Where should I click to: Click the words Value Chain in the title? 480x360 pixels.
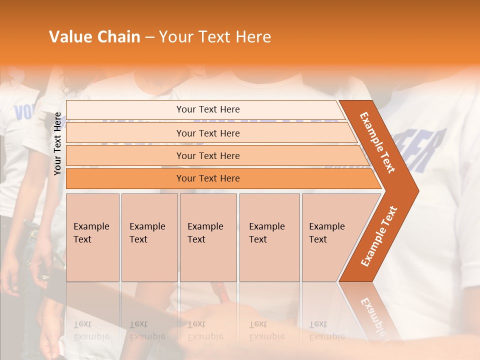(94, 37)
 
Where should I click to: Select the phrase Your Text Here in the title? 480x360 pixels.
(215, 37)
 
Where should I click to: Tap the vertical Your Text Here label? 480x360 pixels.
(58, 144)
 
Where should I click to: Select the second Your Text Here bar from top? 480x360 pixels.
(207, 133)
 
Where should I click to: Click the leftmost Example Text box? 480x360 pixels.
(92, 237)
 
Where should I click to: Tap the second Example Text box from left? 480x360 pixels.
(149, 237)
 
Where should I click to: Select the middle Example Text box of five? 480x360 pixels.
(208, 237)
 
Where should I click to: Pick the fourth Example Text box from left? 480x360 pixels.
(269, 237)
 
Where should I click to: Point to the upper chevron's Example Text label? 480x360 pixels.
(377, 142)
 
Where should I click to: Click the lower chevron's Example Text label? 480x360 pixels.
(379, 236)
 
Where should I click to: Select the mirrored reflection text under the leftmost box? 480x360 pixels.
(91, 330)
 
